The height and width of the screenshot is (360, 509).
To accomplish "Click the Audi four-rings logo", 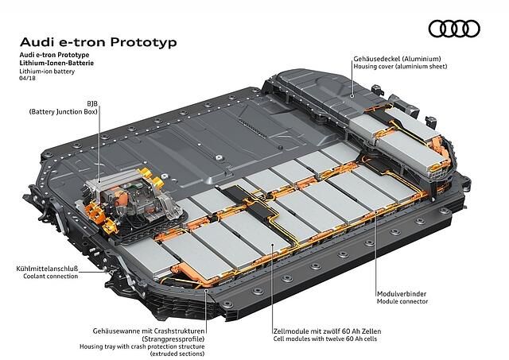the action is [454, 29].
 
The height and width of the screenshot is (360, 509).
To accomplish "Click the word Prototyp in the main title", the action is [143, 42].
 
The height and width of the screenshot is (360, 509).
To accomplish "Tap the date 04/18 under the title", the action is [27, 78].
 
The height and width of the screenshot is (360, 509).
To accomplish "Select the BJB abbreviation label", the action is [92, 104].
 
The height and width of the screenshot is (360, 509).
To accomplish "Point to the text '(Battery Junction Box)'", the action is [64, 112].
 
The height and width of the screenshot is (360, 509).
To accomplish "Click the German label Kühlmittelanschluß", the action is [47, 269].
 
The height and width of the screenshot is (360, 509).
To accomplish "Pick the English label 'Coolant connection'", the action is [51, 277].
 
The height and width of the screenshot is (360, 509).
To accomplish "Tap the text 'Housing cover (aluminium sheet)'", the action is [400, 67].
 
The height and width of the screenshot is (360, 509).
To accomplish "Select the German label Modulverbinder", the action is [402, 294].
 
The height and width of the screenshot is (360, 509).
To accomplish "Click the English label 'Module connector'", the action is [402, 302].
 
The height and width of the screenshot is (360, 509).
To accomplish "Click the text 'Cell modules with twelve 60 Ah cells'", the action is [325, 339].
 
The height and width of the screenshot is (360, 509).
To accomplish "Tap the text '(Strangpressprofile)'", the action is [173, 339].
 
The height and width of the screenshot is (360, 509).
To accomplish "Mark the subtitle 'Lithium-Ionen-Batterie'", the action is [56, 63].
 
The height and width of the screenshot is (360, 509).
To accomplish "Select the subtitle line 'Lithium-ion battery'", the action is [47, 71].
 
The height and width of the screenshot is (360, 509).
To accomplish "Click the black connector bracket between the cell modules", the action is [249, 202].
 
